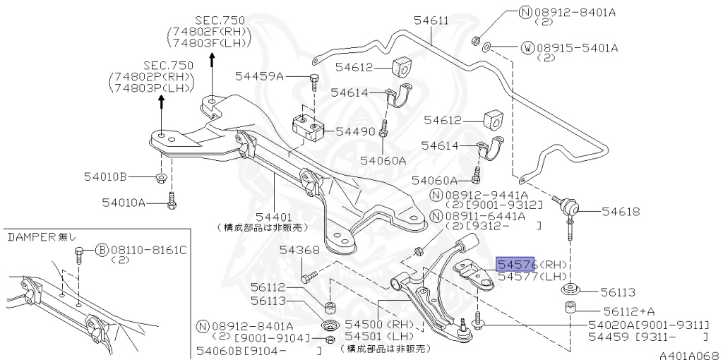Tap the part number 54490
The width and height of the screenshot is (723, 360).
pos(355,131)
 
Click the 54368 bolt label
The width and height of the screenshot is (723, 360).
pos(299,249)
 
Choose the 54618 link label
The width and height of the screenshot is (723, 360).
pos(621,210)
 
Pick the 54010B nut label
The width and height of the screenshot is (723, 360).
pos(123,176)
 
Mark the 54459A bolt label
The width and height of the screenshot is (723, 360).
pos(259,76)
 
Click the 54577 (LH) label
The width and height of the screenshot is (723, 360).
pos(532,277)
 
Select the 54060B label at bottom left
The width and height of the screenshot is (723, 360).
pos(220,351)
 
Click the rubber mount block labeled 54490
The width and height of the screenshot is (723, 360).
pos(307,127)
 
